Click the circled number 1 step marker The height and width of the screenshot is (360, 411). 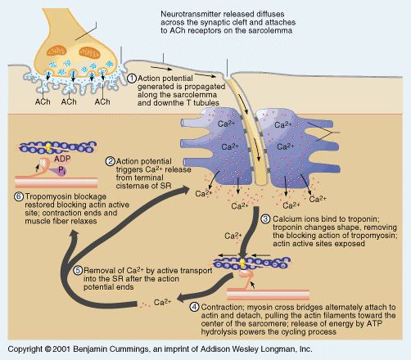click(132, 79)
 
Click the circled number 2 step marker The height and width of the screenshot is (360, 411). click(111, 161)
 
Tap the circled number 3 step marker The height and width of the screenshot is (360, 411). click(266, 219)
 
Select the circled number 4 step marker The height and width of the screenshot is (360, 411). click(194, 307)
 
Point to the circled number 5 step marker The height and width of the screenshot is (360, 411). click(78, 270)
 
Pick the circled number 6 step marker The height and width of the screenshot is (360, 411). click(19, 196)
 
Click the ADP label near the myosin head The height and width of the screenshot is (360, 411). click(62, 159)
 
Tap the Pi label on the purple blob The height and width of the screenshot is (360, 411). click(62, 171)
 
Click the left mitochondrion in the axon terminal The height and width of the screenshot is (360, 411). click(56, 51)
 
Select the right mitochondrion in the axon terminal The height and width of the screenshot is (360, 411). click(89, 52)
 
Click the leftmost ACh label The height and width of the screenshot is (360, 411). click(43, 101)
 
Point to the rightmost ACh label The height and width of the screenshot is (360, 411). click(102, 101)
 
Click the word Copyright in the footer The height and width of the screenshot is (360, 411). click(25, 349)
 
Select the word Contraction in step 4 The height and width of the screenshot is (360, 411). click(222, 307)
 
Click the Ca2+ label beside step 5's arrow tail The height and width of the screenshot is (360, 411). click(162, 302)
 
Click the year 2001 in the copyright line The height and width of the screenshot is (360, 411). click(61, 349)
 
